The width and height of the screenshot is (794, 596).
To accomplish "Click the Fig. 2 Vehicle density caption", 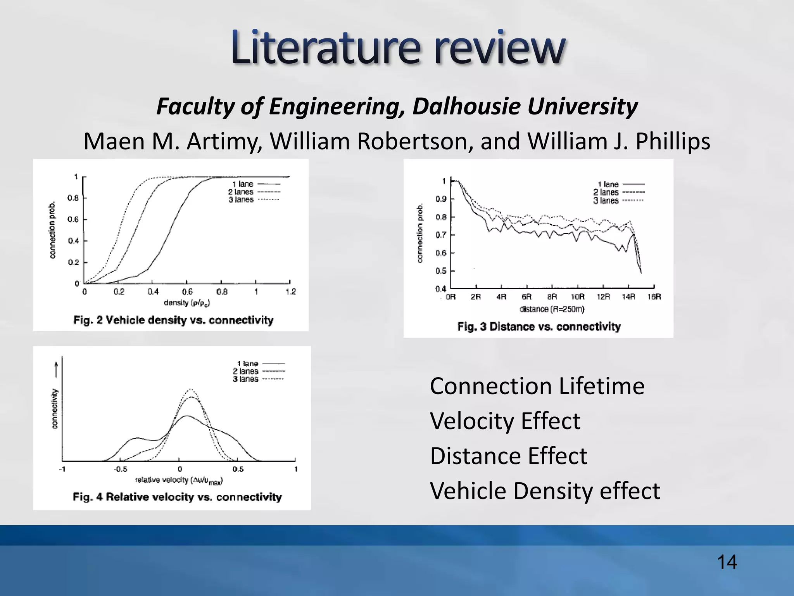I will (173, 320).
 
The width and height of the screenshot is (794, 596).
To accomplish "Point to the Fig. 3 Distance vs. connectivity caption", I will (539, 326).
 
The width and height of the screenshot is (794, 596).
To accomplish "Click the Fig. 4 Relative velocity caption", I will (177, 497).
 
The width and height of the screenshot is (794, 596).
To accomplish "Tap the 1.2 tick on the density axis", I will (290, 292).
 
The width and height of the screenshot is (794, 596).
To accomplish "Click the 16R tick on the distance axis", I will (654, 297).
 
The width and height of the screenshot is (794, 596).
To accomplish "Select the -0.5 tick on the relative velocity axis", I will (120, 469).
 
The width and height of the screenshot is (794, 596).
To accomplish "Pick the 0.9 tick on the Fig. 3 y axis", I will (441, 199).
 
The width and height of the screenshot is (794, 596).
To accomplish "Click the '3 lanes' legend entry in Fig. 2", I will (241, 200).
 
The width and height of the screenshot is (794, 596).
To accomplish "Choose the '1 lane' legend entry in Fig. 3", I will (608, 184).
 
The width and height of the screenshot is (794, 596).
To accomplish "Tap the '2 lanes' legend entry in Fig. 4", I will (245, 371).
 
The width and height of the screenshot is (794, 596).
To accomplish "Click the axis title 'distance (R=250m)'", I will (552, 309).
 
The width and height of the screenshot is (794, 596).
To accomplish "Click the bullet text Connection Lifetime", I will (537, 386).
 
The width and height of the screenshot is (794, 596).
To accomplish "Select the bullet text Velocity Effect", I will (505, 421).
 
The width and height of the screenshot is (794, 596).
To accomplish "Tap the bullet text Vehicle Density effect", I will (545, 491).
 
